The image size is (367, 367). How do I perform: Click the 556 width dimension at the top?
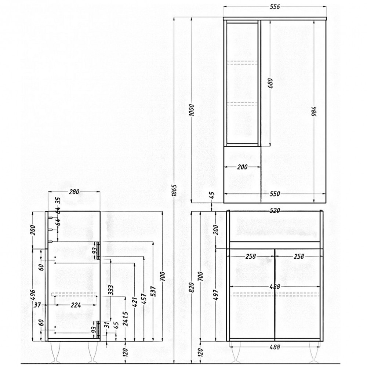pyautogui.click(x=275, y=7)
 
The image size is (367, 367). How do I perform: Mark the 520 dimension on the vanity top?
pyautogui.click(x=275, y=211)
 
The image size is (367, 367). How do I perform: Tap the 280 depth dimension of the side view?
pyautogui.click(x=74, y=192)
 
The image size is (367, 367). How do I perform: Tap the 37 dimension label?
pyautogui.click(x=37, y=305)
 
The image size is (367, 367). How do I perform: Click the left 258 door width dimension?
pyautogui.click(x=251, y=257)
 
